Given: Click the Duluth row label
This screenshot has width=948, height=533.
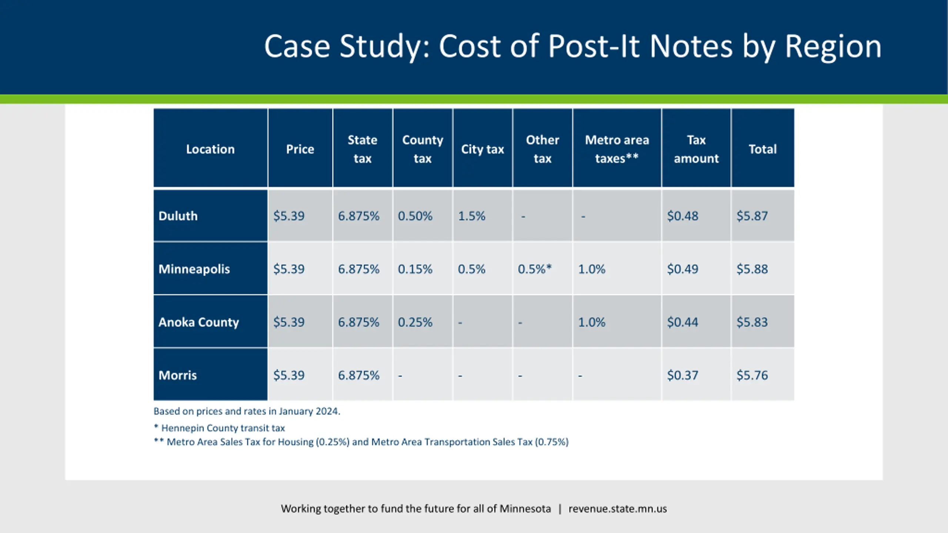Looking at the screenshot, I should point(178,216).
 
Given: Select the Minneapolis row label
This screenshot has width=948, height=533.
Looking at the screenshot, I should point(194,269).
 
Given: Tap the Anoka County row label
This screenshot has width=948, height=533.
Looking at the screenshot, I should point(198,322).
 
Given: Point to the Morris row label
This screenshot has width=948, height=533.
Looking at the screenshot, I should point(178,375).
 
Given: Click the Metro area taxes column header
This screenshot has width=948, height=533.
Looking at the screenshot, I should point(617,149).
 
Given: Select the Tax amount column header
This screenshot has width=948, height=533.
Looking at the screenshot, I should point(696,149).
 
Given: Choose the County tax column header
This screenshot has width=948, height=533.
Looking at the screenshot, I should point(423,149).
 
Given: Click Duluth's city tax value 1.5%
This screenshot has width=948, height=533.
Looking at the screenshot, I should point(471,216).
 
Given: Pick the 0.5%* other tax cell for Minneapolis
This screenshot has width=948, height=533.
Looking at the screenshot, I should point(534,269).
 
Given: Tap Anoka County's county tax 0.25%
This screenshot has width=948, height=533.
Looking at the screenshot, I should point(415,322).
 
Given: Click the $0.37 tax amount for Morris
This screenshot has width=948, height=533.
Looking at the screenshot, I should point(682,375).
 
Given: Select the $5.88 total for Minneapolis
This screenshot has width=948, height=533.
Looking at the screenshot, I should point(752,269).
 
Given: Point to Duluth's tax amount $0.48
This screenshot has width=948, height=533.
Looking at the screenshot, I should point(682,216).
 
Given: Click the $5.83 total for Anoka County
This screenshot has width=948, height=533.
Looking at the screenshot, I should point(752,322).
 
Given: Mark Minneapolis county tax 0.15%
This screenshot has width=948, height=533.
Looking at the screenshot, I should point(415,269).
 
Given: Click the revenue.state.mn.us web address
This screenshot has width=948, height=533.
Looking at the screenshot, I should point(618,509).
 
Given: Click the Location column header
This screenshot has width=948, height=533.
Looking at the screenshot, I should point(210,149).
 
